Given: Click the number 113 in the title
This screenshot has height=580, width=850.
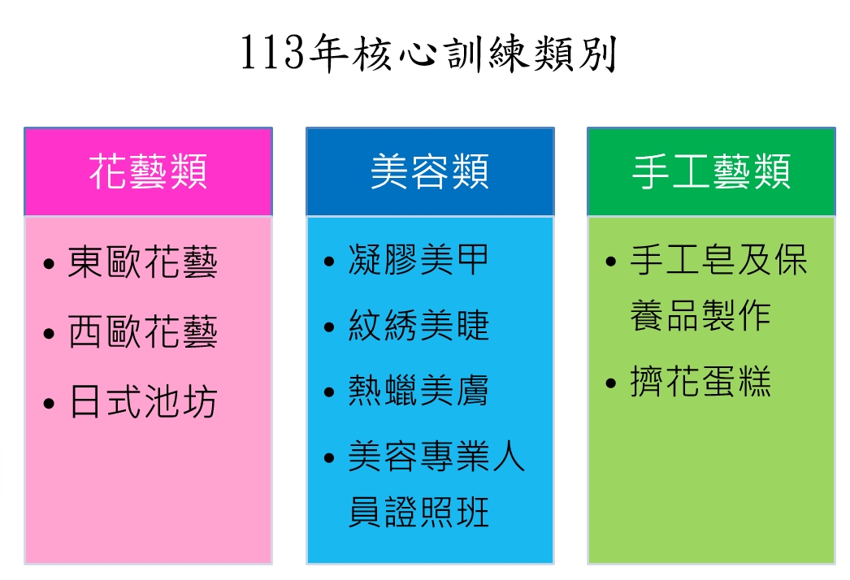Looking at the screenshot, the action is (x=273, y=54).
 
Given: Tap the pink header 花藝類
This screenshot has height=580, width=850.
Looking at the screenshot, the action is (x=148, y=171).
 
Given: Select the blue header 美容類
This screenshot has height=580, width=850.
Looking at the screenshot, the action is (x=430, y=171).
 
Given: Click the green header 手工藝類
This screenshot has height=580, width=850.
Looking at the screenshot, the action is (x=711, y=171).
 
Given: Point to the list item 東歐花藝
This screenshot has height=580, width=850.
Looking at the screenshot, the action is (x=142, y=262).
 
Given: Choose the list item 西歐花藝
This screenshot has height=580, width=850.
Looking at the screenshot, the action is (x=142, y=331).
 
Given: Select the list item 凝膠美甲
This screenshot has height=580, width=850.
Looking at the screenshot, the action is (x=418, y=260).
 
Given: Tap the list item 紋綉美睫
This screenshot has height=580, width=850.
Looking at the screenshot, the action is (x=418, y=325).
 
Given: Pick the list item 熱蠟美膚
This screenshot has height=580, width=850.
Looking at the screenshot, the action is (x=418, y=390).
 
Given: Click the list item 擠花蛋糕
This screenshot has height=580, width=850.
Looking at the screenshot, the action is (x=700, y=381).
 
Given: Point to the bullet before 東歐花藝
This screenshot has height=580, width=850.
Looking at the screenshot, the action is (x=49, y=264).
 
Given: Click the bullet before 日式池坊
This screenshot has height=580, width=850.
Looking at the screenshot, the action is (x=49, y=404).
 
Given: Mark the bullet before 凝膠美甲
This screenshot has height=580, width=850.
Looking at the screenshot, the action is (x=329, y=262).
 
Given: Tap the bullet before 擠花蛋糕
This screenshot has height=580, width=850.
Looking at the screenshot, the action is (x=611, y=383).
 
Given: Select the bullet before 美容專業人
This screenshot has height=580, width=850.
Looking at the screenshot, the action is (x=329, y=458).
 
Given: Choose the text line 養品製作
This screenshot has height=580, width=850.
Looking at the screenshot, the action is (x=700, y=315).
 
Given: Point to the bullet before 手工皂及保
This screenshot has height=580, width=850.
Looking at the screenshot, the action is (x=611, y=262).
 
